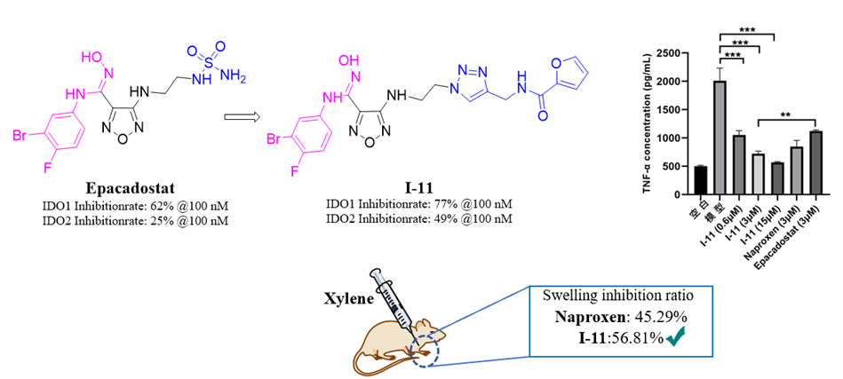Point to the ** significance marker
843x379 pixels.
[x=785, y=114]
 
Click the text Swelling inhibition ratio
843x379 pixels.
[x=620, y=296]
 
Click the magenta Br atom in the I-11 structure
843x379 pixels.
[x=274, y=139]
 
